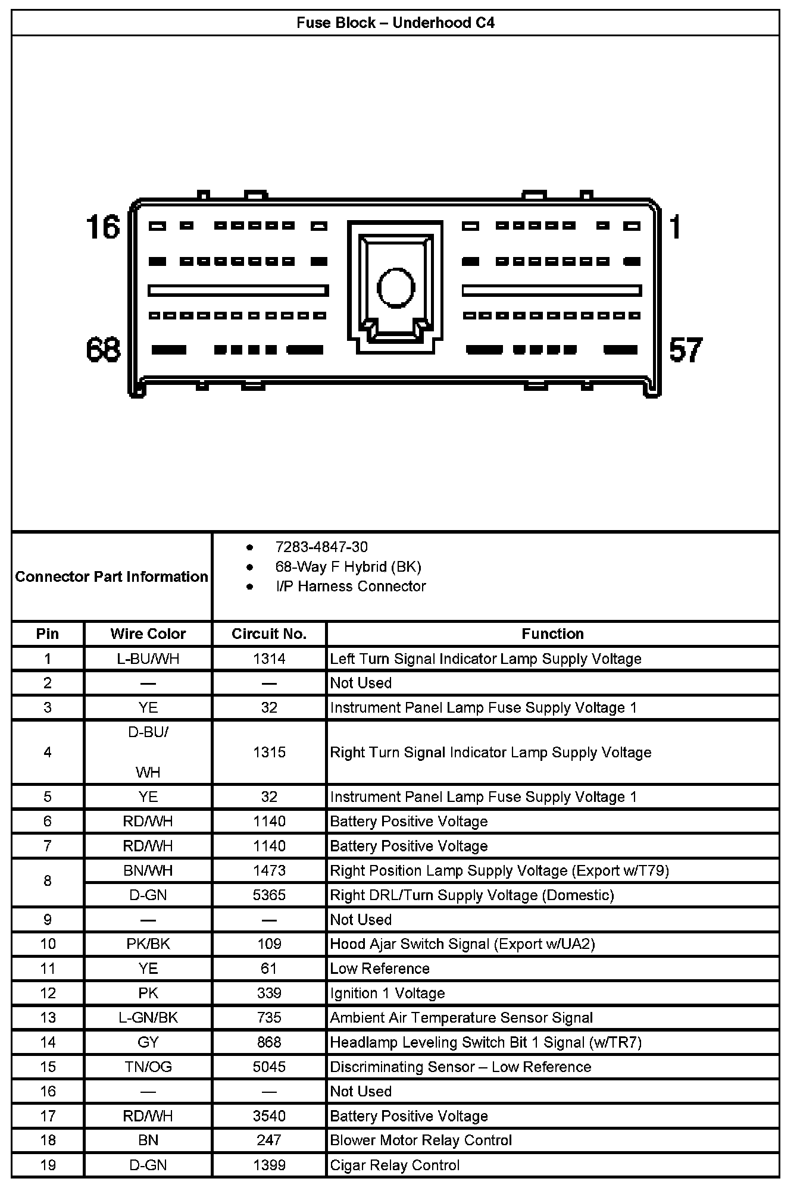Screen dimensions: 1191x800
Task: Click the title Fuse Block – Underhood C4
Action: pos(395,23)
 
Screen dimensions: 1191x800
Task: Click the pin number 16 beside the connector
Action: pos(103,227)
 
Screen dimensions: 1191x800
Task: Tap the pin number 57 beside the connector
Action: pos(686,350)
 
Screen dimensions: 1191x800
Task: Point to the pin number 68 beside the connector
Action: pos(103,350)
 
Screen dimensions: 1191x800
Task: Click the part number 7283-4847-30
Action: pos(321,547)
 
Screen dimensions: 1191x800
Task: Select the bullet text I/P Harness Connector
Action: pos(351,586)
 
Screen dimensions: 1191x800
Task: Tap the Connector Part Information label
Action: pos(111,576)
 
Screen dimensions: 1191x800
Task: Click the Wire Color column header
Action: pos(148,634)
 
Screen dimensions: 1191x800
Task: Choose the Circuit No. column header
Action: pos(269,634)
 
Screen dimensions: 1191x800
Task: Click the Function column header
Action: pos(552,634)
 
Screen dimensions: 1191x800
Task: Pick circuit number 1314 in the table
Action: pos(269,659)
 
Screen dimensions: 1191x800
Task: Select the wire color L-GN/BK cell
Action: pos(148,1017)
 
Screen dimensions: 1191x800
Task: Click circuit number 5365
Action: pos(269,895)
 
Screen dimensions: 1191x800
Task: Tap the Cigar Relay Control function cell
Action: pos(395,1165)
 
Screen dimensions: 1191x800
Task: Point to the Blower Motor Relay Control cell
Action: pos(421,1140)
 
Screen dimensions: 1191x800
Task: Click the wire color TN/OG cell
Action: pos(148,1067)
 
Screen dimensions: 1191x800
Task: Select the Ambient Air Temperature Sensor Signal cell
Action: pos(461,1017)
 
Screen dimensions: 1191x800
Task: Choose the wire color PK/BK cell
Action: pos(148,944)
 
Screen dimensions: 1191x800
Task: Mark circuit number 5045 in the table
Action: pos(269,1067)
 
